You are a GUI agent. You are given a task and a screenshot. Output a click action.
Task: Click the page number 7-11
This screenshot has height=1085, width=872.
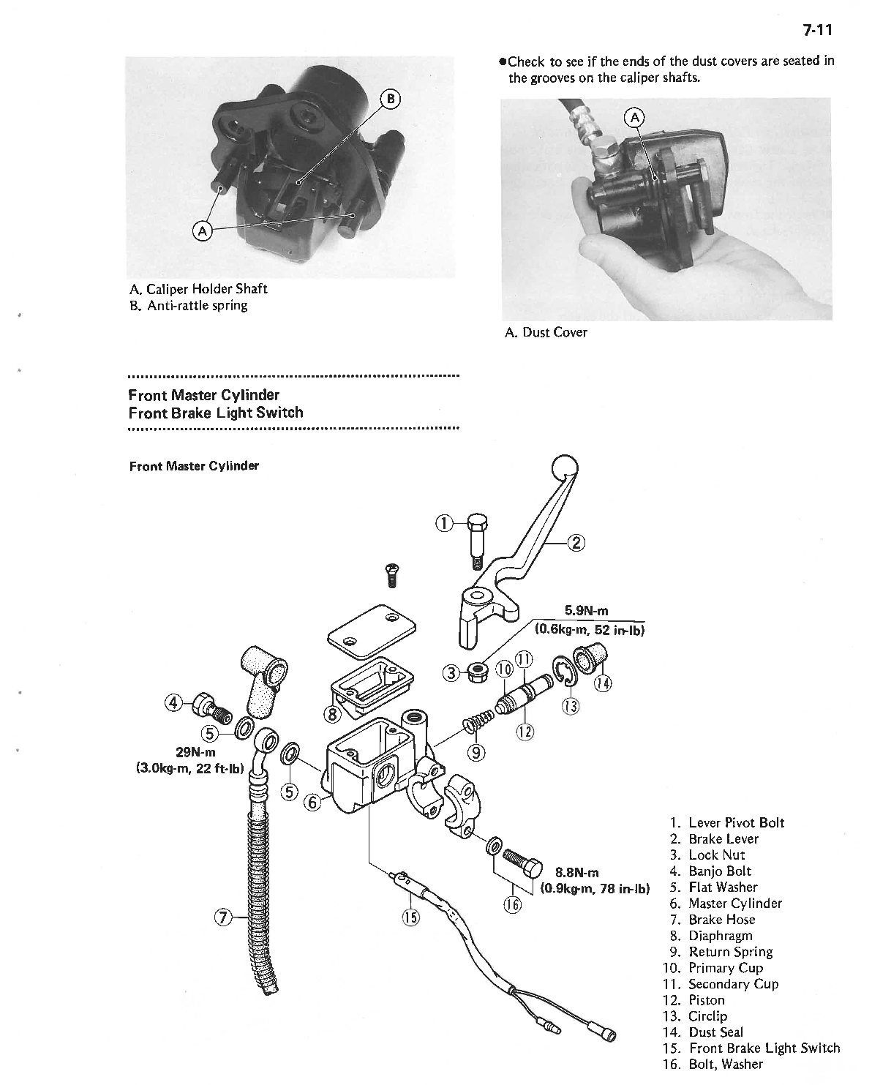coord(818,31)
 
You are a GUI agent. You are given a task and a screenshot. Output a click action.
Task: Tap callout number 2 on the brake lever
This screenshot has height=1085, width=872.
coord(577,542)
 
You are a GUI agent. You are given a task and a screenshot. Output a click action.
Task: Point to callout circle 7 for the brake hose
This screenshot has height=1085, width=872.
coord(223,917)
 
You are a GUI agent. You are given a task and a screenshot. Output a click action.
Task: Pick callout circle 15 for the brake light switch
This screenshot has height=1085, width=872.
coord(411,917)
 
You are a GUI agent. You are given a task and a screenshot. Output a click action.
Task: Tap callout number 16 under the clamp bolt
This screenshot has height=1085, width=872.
coord(511,904)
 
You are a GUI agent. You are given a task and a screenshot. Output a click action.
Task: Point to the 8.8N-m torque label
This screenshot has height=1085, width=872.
coord(577,872)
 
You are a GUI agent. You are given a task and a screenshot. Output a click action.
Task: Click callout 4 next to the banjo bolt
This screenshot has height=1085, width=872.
coord(174,703)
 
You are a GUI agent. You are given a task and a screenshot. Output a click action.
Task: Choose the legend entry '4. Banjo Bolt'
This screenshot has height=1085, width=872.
coord(710,871)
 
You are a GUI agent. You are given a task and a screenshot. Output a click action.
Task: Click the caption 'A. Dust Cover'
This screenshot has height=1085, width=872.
coord(546,333)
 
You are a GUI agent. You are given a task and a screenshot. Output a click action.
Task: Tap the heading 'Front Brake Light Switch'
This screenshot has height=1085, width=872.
coord(216,413)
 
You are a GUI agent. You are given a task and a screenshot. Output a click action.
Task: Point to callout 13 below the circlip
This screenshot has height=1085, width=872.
coord(570,706)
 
